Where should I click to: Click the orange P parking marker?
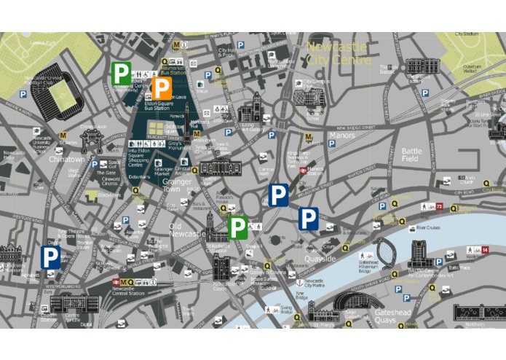162,89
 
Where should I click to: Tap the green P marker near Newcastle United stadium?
122,73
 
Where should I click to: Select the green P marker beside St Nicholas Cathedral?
237,227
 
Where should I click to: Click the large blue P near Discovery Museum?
50,257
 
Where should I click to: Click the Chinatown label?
67,159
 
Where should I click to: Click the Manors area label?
342,136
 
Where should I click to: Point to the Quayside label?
320,258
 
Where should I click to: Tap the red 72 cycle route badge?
439,207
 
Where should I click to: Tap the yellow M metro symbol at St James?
64,135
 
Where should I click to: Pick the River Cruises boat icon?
418,227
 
